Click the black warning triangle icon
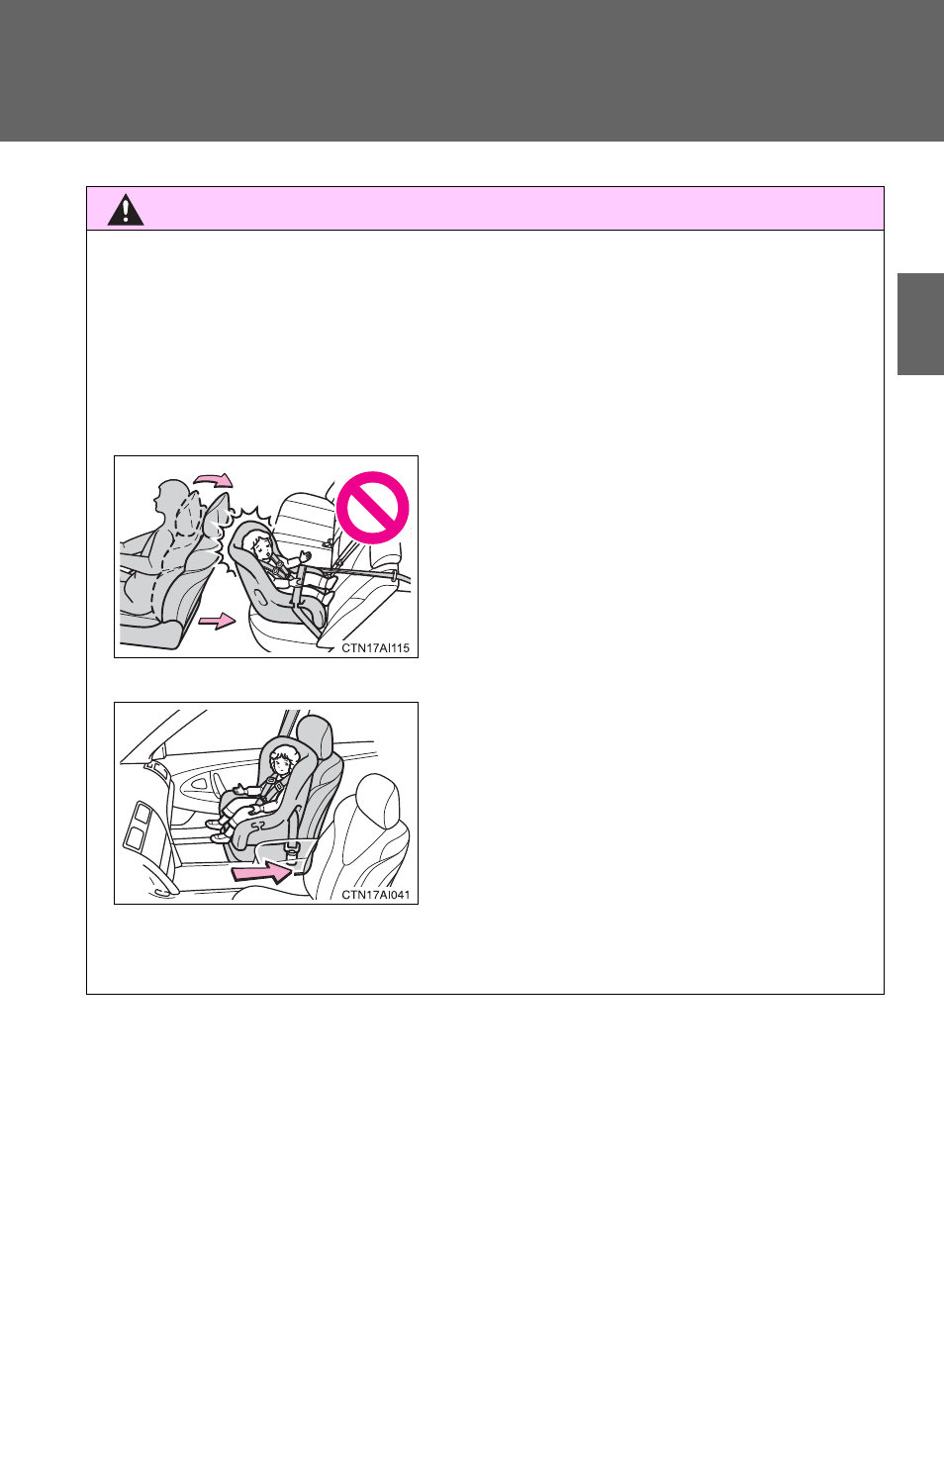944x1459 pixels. point(126,210)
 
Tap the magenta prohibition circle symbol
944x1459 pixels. point(372,508)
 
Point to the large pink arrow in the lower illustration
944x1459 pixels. point(261,871)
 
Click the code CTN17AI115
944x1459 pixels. point(376,648)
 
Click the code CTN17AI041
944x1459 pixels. point(376,895)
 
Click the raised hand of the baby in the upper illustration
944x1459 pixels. point(304,556)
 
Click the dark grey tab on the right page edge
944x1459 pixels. point(920,325)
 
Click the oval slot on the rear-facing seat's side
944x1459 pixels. point(258,595)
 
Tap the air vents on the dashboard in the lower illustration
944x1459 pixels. point(138,826)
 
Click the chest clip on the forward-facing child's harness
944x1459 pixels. point(269,779)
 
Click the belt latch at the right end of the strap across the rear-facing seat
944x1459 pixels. point(393,576)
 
